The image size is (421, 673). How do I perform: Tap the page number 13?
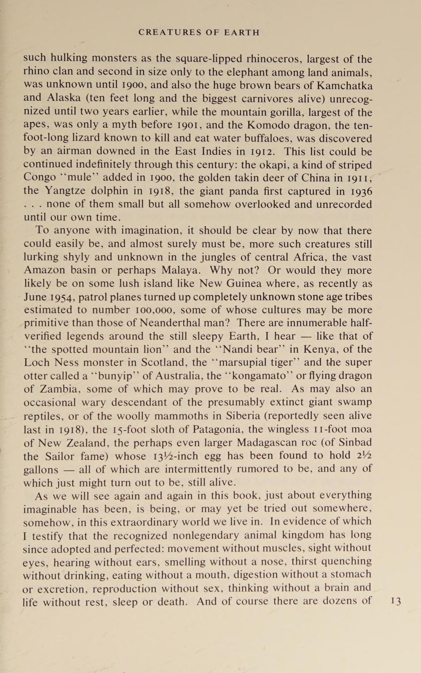click(x=396, y=601)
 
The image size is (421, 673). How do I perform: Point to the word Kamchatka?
click(x=343, y=85)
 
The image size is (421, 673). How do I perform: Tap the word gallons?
click(x=41, y=469)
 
